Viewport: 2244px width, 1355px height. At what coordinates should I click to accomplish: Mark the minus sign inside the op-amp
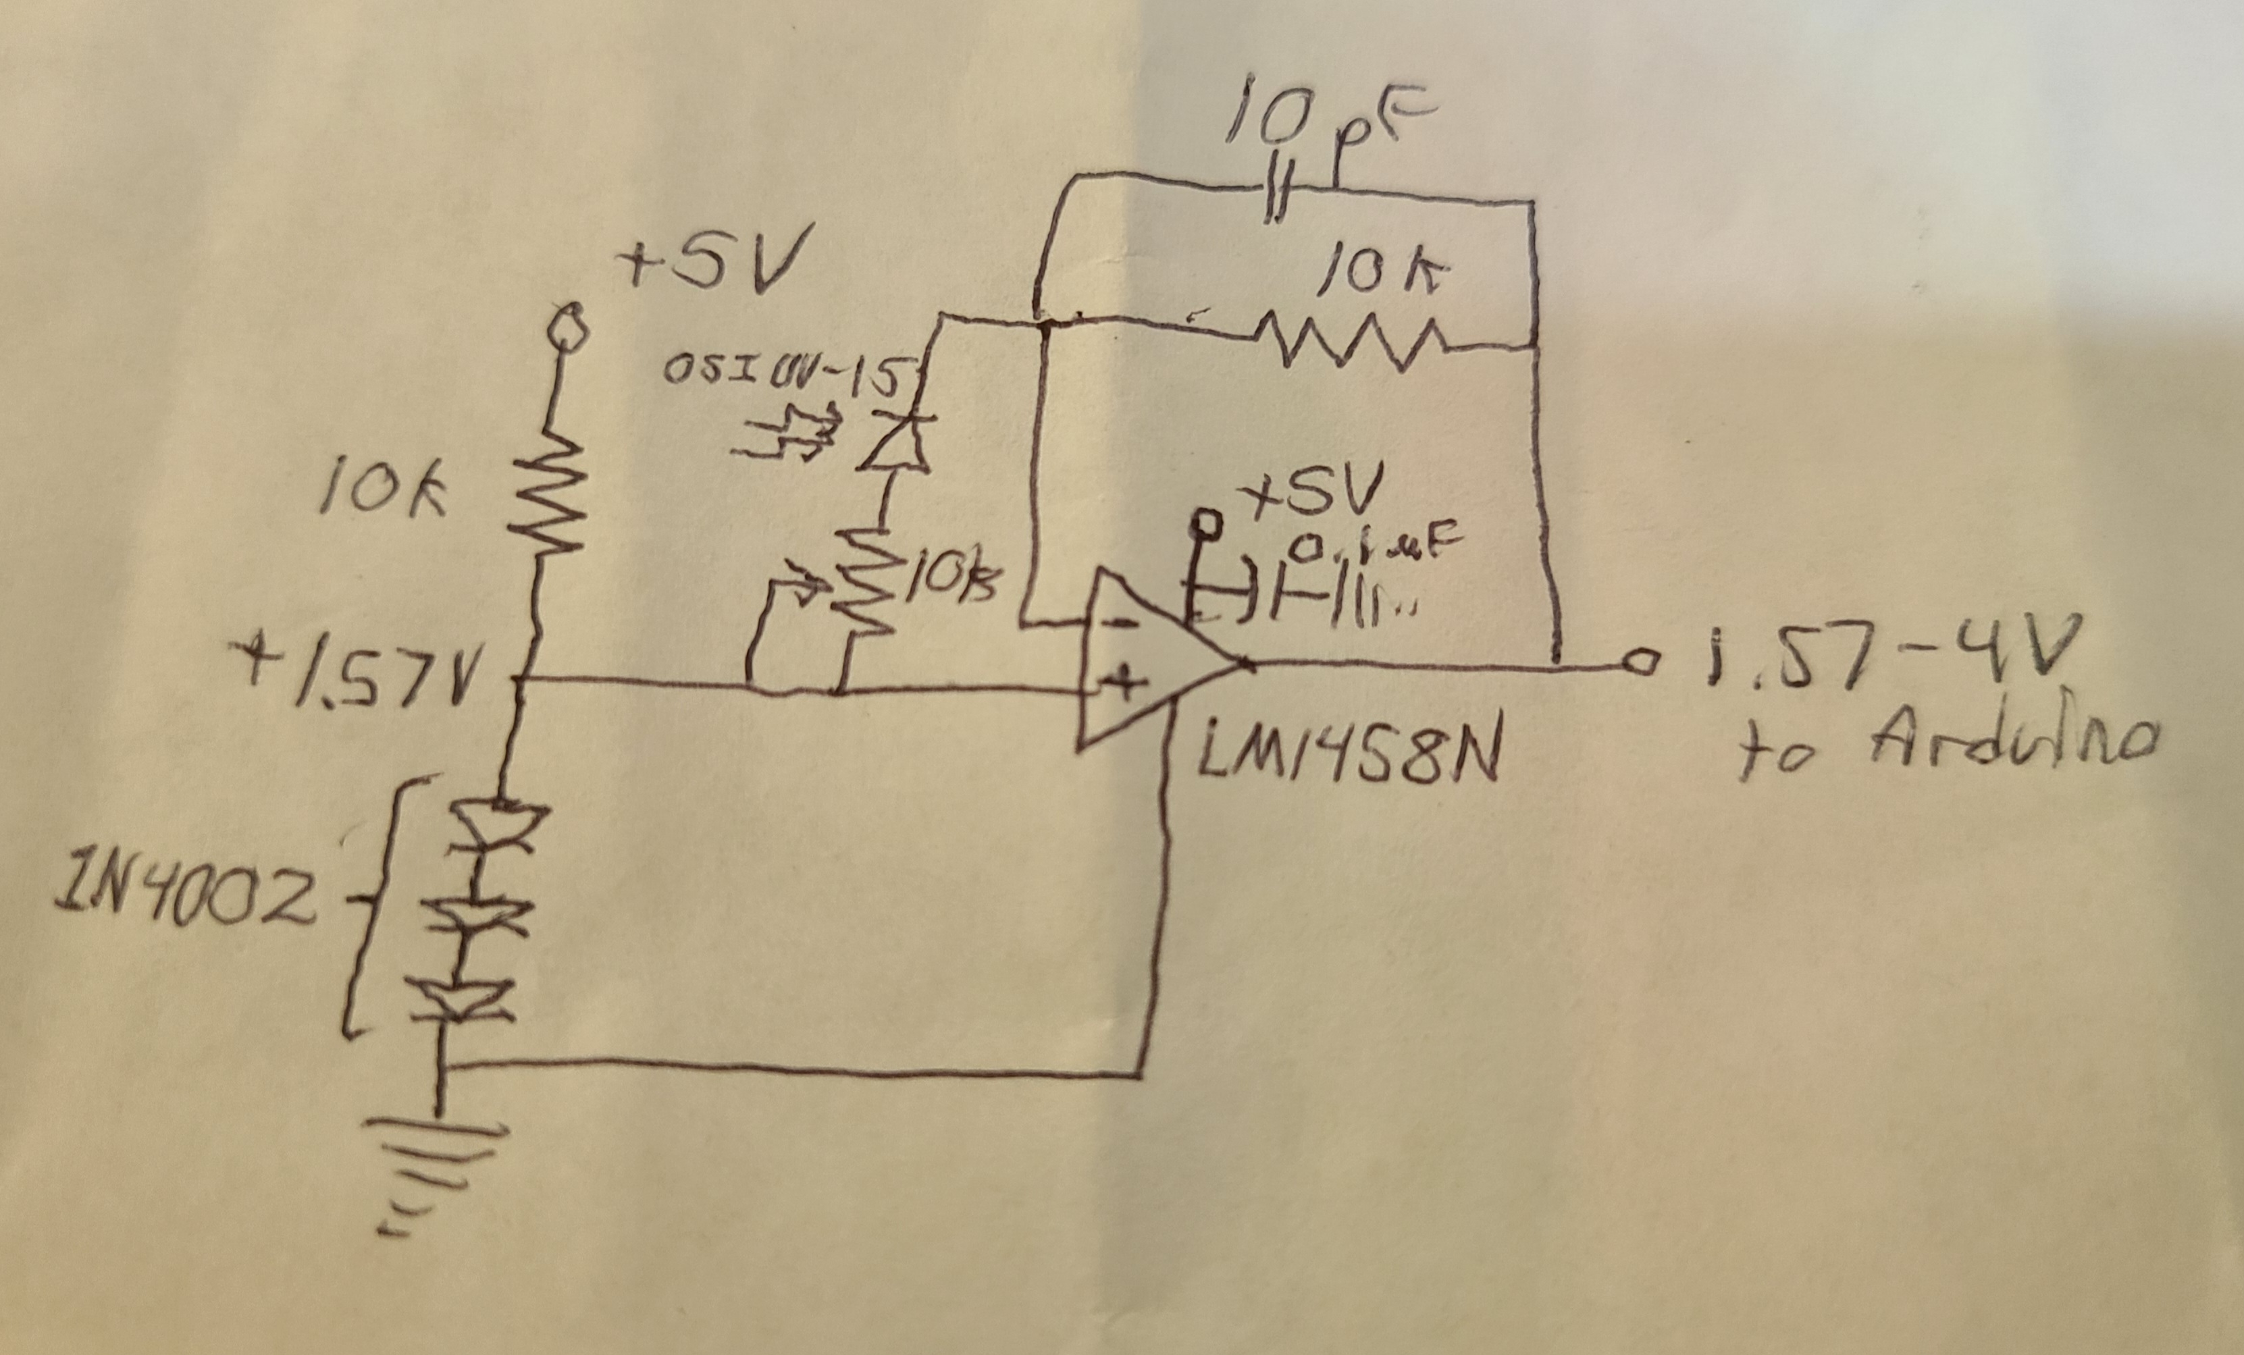(1123, 625)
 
